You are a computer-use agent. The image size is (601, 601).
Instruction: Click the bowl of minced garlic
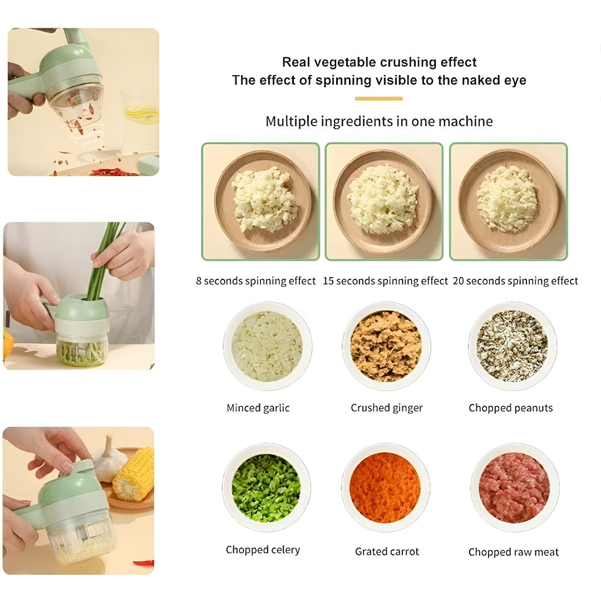[x=267, y=346]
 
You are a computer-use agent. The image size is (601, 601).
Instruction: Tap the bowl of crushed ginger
[x=386, y=346]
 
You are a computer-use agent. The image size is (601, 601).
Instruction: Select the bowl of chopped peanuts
[x=512, y=346]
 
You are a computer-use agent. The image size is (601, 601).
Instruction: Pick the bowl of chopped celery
[x=266, y=487]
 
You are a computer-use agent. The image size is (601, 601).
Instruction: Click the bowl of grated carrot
[x=385, y=487]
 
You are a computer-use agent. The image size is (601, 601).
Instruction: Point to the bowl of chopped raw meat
[x=514, y=487]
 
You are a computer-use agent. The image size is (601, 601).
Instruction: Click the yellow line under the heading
[x=378, y=98]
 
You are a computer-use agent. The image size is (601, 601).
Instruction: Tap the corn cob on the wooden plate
[x=134, y=474]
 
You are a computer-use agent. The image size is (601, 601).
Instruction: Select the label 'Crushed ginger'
[x=386, y=408]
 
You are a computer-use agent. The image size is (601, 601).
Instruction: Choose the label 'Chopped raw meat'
[x=513, y=552]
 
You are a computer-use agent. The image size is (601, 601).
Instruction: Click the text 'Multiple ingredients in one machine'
[x=378, y=121]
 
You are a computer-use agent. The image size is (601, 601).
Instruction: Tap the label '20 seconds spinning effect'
[x=515, y=281]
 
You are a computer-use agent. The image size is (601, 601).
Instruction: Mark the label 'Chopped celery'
[x=263, y=550]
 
